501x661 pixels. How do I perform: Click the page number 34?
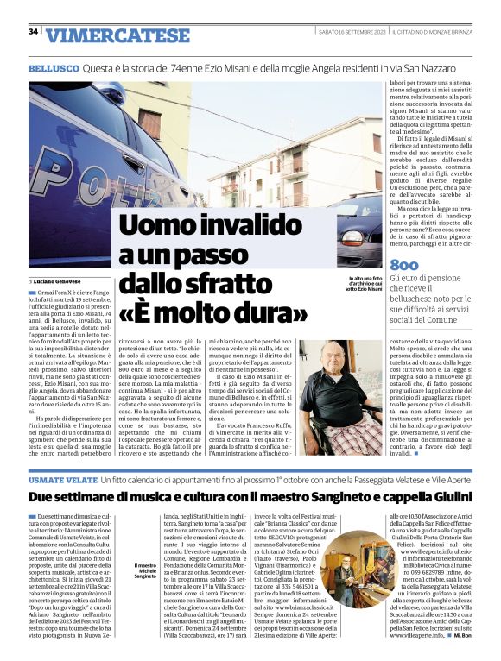point(33,32)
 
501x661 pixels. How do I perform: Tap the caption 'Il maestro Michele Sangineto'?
point(145,576)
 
